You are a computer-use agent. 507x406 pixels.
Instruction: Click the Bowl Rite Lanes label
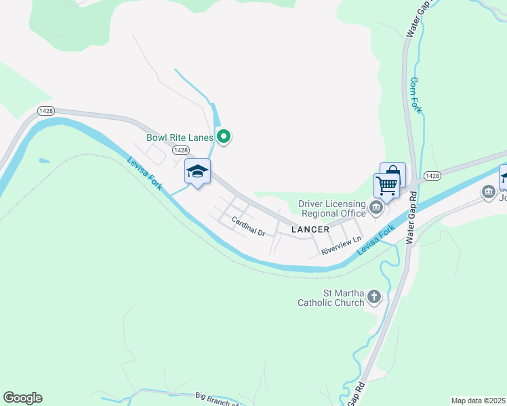180,137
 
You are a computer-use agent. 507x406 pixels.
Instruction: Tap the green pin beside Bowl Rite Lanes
224,137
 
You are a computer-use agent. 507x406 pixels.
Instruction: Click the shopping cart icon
386,185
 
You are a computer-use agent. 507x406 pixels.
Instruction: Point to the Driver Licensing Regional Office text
332,209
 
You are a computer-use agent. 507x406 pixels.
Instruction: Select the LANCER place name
310,230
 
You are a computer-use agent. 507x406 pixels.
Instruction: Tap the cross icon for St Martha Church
374,296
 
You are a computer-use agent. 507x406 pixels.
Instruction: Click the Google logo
22,398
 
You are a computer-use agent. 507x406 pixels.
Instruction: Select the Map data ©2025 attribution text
479,401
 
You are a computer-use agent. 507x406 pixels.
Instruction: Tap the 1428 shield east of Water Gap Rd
432,175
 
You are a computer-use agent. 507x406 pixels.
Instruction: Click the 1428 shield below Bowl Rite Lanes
180,150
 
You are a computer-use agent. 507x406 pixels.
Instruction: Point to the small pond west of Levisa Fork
45,161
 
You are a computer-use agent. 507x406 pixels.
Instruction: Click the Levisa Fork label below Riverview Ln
377,241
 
